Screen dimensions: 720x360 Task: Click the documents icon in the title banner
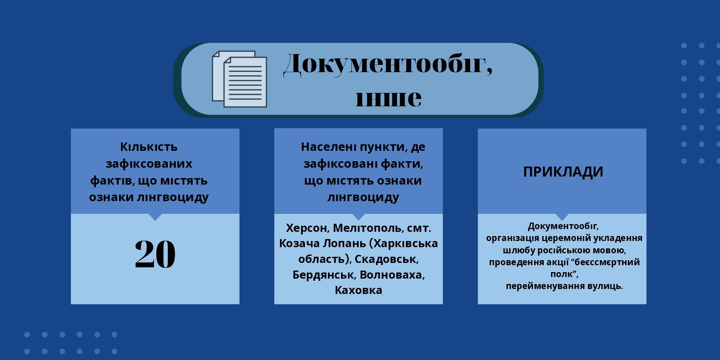239,79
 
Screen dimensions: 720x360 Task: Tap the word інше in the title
388,98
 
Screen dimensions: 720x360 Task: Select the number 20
155,254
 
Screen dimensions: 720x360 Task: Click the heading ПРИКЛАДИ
563,172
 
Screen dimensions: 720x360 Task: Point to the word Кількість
149,147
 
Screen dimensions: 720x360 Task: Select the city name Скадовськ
386,259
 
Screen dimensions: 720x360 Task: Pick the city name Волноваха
392,275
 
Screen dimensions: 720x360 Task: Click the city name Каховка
358,290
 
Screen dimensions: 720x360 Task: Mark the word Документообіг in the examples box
563,226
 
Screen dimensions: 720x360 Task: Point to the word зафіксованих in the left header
149,164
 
